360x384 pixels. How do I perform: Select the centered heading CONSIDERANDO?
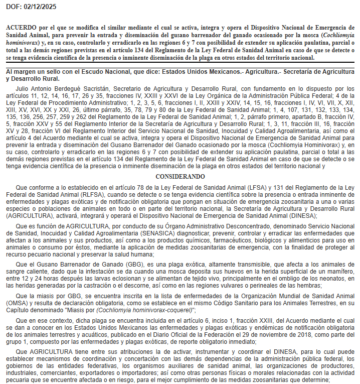click(180, 177)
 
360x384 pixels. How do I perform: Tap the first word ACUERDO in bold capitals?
click(21, 27)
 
